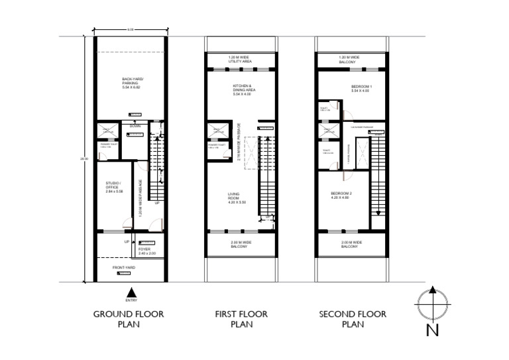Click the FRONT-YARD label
[x=124, y=267]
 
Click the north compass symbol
[x=432, y=303]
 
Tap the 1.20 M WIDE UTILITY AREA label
[x=239, y=59]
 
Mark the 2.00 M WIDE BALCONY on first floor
[x=239, y=245]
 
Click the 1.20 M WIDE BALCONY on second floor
[x=351, y=59]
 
